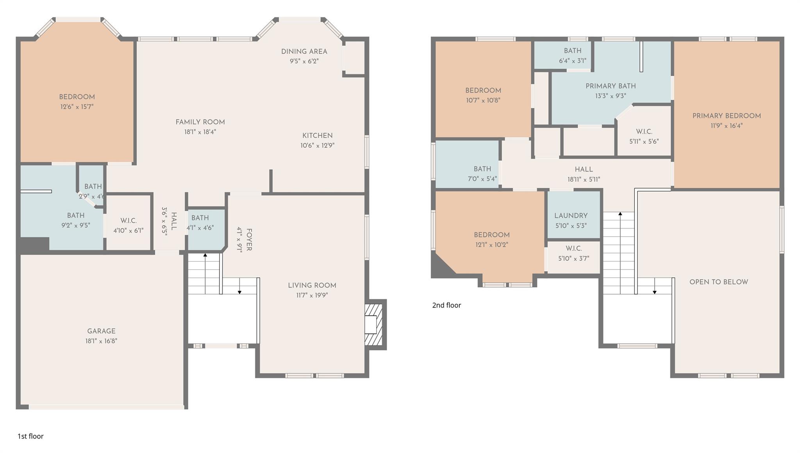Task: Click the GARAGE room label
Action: point(101,331)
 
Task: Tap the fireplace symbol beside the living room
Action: point(373,325)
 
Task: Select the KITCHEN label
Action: point(317,136)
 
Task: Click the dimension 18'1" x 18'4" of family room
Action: point(200,132)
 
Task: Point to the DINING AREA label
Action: point(304,52)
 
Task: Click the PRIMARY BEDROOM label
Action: point(726,116)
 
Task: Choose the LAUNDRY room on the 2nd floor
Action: point(571,216)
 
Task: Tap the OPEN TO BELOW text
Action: point(718,282)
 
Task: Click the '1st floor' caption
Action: point(30,436)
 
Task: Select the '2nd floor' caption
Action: point(446,305)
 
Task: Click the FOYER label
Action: point(249,240)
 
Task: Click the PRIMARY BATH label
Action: point(610,86)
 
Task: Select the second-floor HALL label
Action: point(584,169)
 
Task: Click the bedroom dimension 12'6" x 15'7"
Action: point(77,107)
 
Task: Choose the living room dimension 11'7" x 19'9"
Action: point(312,295)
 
